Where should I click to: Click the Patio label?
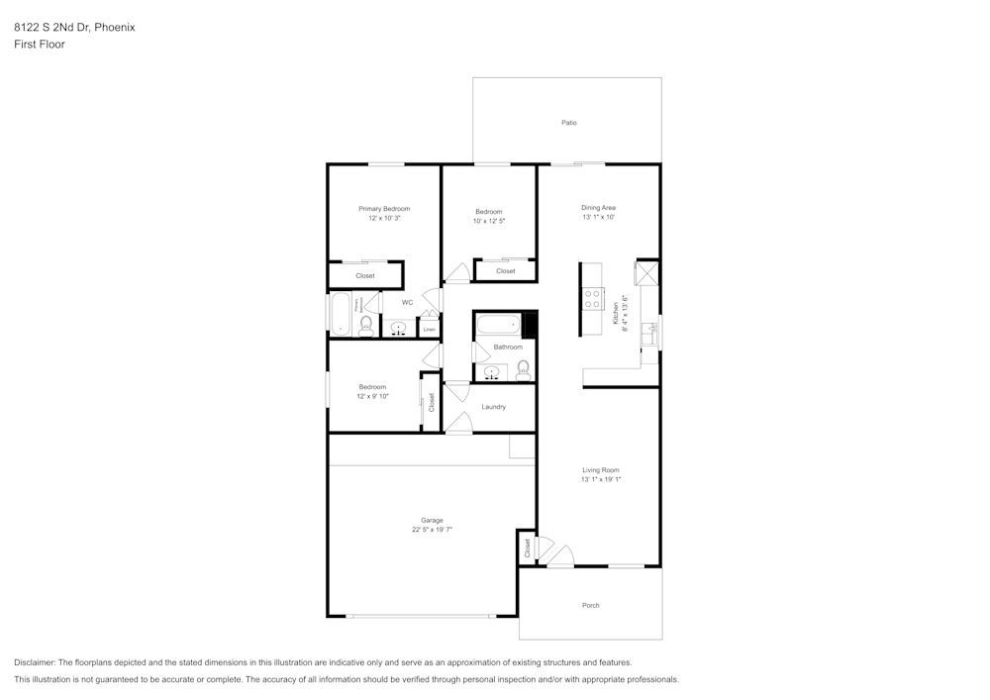[568, 123]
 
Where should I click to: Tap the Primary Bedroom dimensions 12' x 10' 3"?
[384, 218]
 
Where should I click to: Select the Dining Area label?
[598, 208]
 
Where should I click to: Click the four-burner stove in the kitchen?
[593, 299]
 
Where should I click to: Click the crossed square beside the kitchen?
[647, 273]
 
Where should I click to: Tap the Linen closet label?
[429, 329]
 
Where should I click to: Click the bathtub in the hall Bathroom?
[498, 324]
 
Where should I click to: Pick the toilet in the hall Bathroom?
[523, 369]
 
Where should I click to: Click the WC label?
[407, 303]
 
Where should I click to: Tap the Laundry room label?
[493, 407]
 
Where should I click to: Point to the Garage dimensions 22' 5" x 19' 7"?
[432, 530]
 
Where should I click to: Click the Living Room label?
[600, 470]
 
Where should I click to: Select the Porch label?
[590, 605]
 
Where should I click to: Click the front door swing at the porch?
[560, 556]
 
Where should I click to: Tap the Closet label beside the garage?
[528, 547]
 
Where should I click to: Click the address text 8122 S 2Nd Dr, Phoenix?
[74, 28]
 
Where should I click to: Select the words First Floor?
[40, 45]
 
